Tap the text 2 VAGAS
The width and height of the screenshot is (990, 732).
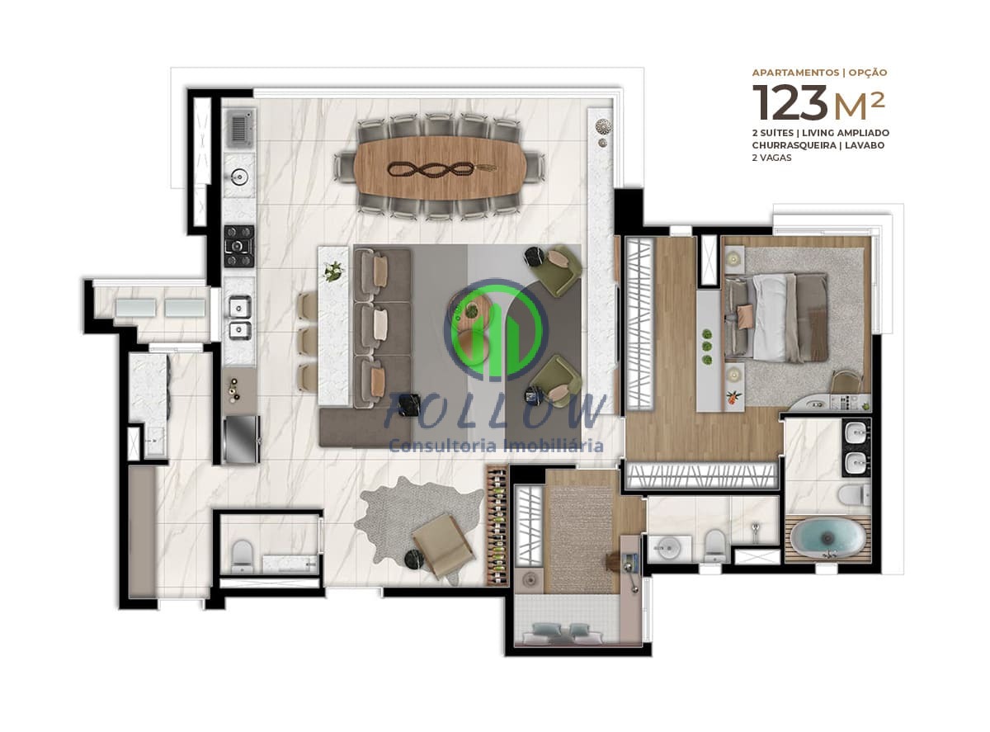tap(771, 158)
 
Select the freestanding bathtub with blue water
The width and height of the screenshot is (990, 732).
tap(827, 538)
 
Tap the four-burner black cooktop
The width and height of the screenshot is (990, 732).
tap(239, 245)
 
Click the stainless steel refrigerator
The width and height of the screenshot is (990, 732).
tap(241, 438)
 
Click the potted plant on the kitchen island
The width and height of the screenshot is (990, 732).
tap(334, 271)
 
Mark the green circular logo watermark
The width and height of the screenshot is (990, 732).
tap(495, 330)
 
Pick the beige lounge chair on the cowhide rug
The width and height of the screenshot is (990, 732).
tap(443, 545)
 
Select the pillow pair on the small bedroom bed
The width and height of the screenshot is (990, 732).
tap(560, 631)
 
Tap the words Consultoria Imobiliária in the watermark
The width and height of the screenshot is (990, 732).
tap(495, 446)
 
